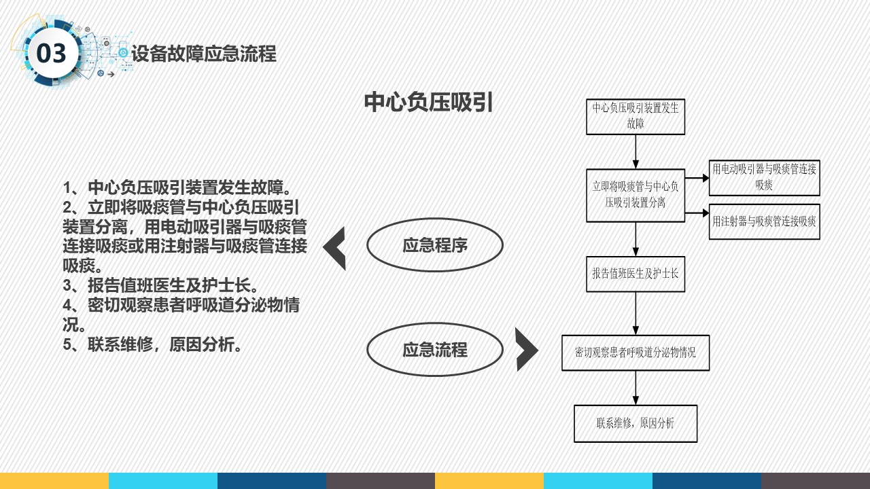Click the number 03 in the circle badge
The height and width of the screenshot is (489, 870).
tap(51, 53)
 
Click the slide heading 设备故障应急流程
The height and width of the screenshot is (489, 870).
tap(204, 54)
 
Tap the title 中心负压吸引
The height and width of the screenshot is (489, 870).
tap(428, 103)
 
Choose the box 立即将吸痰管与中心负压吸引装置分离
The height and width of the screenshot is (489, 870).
tap(636, 195)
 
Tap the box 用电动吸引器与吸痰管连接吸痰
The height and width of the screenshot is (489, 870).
tap(765, 178)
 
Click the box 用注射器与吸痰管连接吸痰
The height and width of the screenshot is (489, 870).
tap(765, 221)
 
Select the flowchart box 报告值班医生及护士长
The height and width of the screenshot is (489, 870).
tap(636, 274)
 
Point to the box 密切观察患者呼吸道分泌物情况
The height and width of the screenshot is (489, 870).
tap(636, 352)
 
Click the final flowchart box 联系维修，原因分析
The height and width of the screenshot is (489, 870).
tap(636, 423)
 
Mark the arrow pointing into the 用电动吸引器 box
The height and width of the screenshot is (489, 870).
tap(697, 178)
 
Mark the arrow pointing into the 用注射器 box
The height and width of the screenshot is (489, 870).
tap(697, 213)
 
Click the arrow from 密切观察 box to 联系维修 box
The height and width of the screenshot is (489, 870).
tap(636, 388)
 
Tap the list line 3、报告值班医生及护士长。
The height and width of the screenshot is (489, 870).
tap(160, 286)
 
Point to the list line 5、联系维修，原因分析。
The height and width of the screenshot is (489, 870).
tap(152, 344)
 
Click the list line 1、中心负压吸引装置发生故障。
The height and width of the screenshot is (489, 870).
tap(177, 187)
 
